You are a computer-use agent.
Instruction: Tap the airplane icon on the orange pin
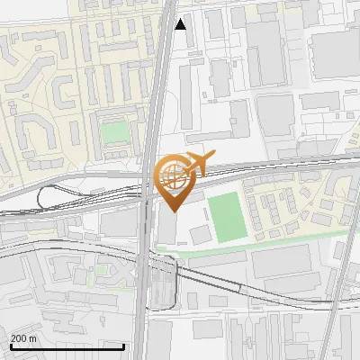[x=195, y=163]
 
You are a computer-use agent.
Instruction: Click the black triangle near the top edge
[x=181, y=24]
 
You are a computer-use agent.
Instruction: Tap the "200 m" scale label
[x=24, y=338]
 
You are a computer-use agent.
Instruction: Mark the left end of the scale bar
[x=11, y=346]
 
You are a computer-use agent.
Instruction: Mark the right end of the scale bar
[x=98, y=346]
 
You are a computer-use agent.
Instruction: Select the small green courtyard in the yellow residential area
[x=114, y=133]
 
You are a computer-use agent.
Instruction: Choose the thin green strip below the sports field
[x=261, y=243]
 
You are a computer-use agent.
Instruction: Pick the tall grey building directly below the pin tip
[x=167, y=229]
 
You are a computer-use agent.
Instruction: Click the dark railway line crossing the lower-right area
[x=270, y=298]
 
